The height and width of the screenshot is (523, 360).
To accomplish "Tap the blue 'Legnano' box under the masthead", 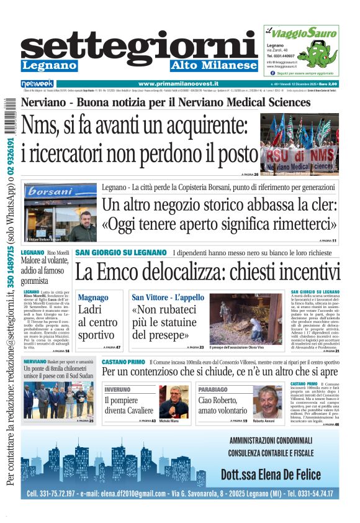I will [x=49, y=66].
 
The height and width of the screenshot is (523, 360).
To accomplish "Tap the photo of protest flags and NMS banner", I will [x=299, y=142].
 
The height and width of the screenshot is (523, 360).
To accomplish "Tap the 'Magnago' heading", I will [x=93, y=298].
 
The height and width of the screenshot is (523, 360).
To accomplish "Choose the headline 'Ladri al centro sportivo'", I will [x=97, y=322].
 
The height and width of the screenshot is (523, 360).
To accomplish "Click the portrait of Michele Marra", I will [x=174, y=402].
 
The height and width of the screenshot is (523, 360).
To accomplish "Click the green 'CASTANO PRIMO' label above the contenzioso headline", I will [x=123, y=362].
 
